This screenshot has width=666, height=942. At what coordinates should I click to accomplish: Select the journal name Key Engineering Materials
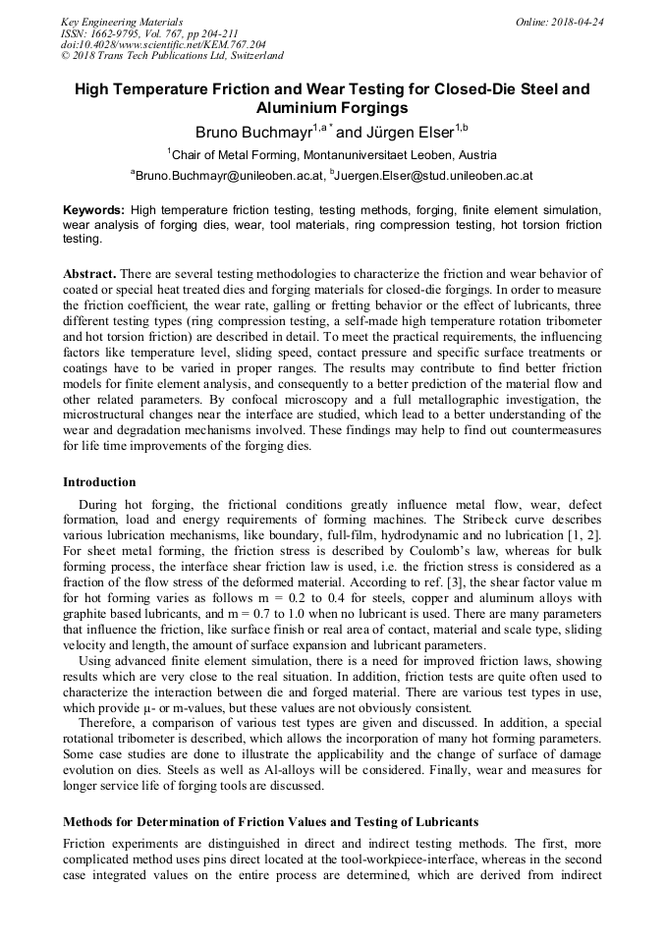point(121,21)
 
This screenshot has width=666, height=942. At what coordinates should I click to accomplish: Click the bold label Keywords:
point(93,210)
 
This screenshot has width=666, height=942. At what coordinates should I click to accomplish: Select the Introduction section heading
point(99,482)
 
